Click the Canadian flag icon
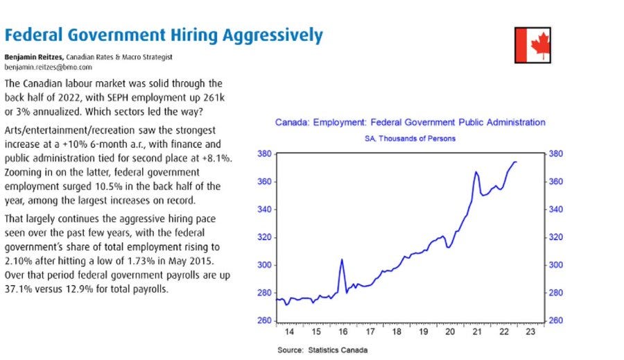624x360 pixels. (x=532, y=46)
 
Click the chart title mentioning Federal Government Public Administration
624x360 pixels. (x=410, y=123)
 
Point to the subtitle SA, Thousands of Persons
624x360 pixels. (x=410, y=139)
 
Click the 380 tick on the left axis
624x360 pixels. (x=263, y=154)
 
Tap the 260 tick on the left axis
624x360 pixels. (x=263, y=321)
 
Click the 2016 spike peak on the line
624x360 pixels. (x=342, y=260)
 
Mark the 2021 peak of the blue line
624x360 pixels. (x=476, y=172)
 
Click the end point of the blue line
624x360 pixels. (x=517, y=162)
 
